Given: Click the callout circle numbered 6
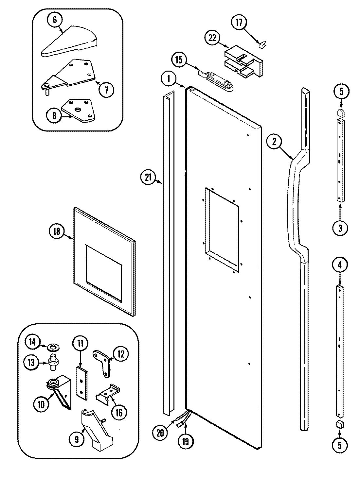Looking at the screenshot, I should pyautogui.click(x=55, y=20).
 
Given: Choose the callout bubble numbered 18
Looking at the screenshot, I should pyautogui.click(x=57, y=231).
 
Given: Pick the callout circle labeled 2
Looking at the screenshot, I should pyautogui.click(x=274, y=141).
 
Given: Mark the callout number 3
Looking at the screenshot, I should pyautogui.click(x=340, y=228).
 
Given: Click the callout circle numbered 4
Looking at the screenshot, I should pyautogui.click(x=340, y=265).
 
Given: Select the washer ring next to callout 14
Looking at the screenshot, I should pyautogui.click(x=51, y=347).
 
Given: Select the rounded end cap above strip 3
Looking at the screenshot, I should pyautogui.click(x=340, y=113).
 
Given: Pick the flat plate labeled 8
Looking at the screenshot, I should pyautogui.click(x=80, y=111).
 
